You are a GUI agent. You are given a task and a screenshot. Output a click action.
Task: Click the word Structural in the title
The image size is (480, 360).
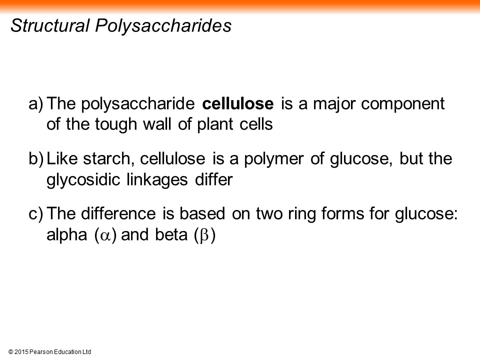point(50,25)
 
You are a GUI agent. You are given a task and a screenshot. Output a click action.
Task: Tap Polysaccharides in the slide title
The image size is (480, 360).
point(163,26)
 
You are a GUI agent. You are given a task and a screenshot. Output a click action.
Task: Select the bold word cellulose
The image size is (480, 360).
point(238,104)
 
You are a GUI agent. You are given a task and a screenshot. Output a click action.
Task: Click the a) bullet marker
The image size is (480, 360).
point(36,104)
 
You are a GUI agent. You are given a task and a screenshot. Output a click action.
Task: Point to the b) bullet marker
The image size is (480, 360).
point(36,159)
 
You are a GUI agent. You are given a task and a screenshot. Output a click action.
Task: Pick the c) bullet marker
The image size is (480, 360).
point(36,213)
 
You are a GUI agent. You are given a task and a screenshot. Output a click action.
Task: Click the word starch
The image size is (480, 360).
point(108,159)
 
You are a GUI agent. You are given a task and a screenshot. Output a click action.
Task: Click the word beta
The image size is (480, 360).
point(171,235)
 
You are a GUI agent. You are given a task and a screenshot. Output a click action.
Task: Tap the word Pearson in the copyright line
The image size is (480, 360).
point(41,352)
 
